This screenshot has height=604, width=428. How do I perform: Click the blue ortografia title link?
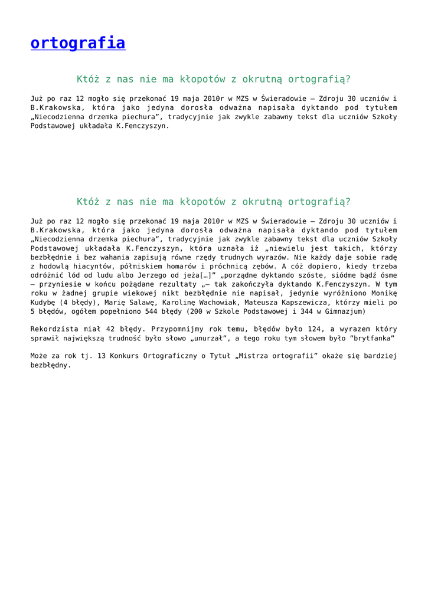(78, 43)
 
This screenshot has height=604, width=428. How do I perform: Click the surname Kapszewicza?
(312, 302)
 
